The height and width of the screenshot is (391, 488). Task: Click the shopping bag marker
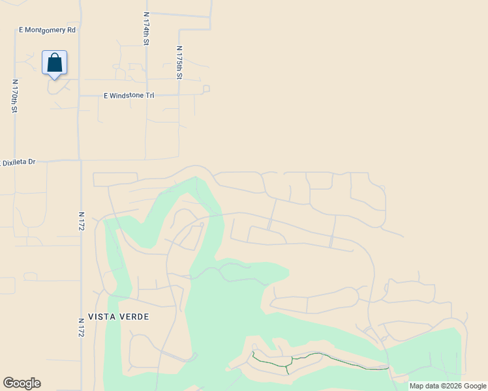55,63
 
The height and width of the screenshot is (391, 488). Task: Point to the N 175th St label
179,63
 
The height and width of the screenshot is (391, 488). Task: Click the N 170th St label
14,96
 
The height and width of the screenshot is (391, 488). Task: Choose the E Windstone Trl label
129,96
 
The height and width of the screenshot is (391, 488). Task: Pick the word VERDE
134,317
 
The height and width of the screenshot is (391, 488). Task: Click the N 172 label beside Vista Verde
82,327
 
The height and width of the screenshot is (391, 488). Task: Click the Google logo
22,383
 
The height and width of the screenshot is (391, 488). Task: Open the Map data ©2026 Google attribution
448,386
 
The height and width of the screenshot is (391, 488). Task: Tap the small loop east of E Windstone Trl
206,89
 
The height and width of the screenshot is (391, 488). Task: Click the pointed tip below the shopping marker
55,79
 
